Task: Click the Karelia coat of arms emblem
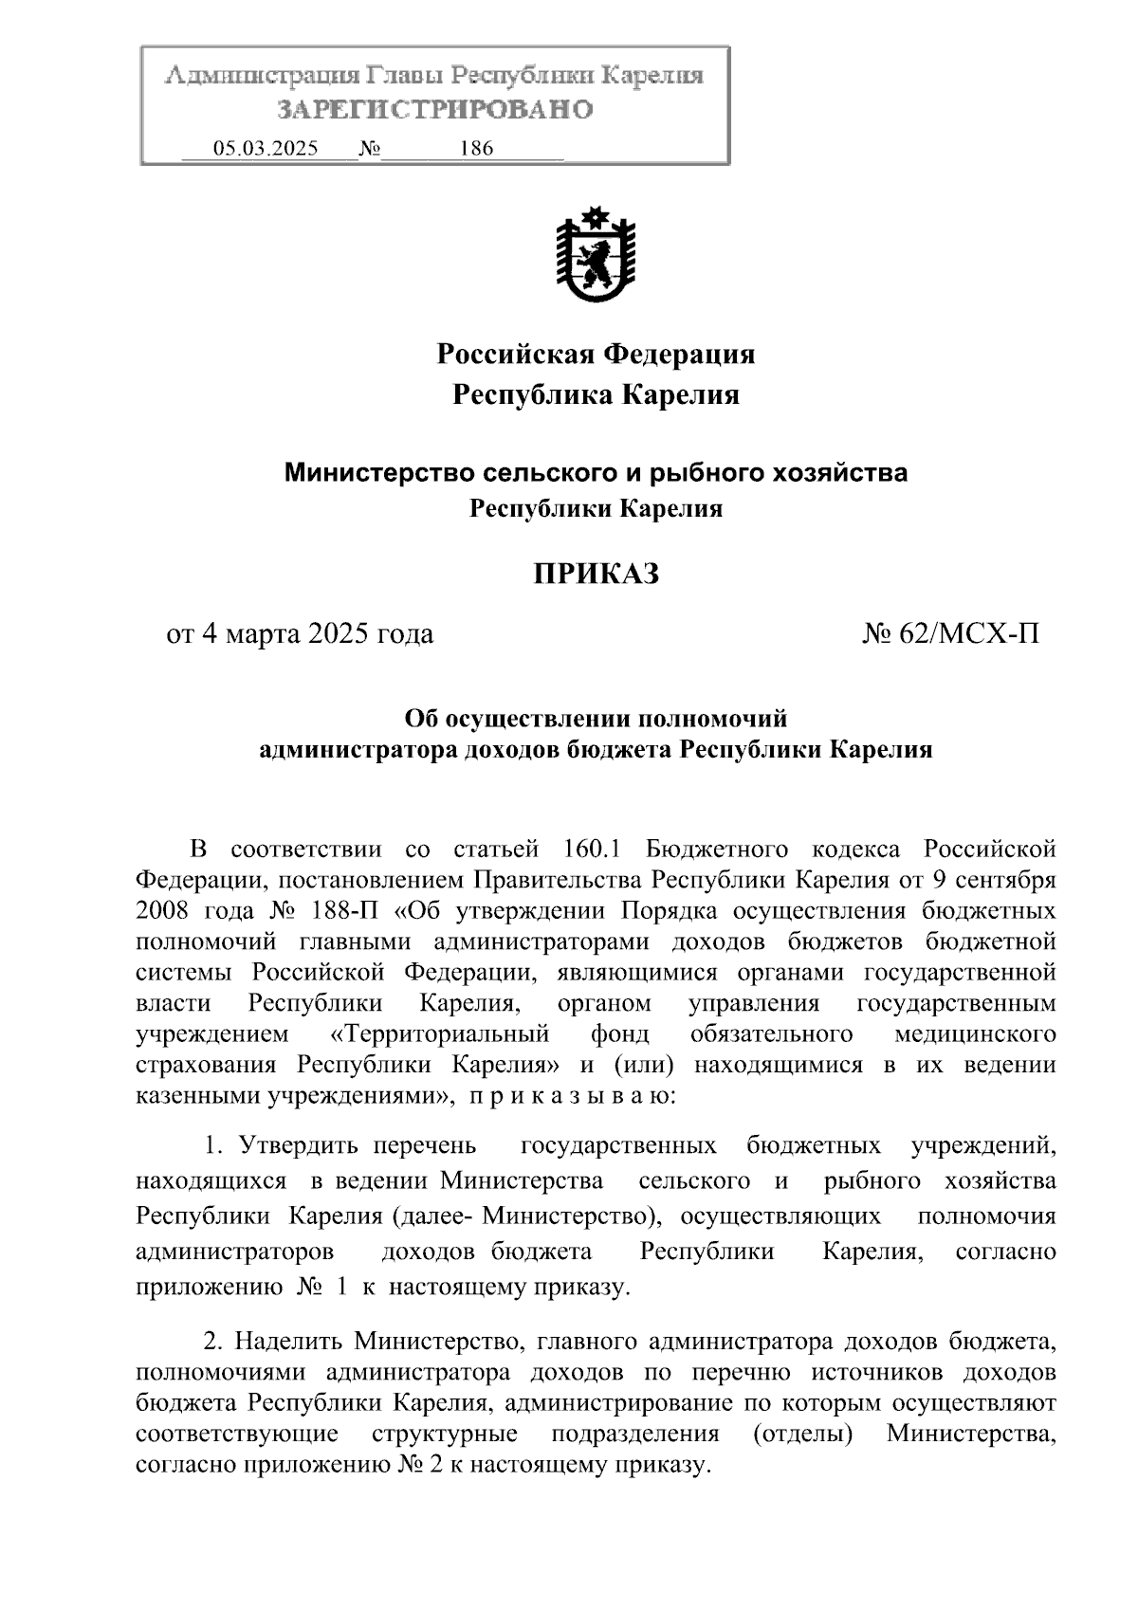click(596, 253)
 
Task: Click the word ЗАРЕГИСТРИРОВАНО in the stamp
click(434, 110)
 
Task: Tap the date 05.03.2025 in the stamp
click(266, 149)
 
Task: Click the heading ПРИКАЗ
click(595, 574)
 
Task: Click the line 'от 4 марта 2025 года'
click(300, 632)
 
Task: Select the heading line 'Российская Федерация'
click(595, 355)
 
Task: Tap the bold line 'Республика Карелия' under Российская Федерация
click(595, 394)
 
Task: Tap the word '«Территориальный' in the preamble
click(440, 1033)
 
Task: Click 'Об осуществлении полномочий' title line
click(595, 718)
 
